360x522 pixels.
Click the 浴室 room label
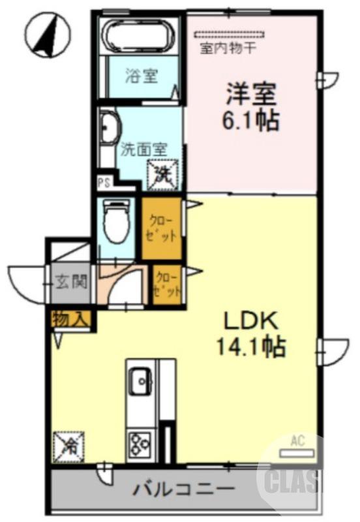click(x=142, y=76)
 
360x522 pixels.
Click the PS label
click(x=104, y=183)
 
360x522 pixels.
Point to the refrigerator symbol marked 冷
click(x=68, y=446)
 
